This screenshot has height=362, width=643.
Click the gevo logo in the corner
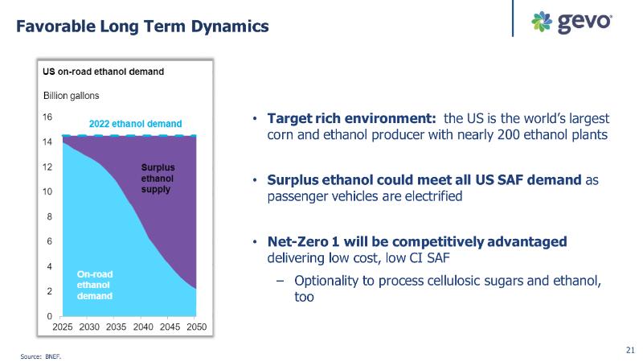572,22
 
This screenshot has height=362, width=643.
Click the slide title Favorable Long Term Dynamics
143,26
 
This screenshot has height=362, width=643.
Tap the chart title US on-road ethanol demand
104,71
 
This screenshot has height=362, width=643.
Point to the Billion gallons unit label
71,95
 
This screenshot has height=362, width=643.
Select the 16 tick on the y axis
47,117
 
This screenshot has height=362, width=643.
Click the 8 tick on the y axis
49,216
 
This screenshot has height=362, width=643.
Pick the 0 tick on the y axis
49,316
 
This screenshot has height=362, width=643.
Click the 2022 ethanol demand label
136,124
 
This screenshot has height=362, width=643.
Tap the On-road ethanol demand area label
94,285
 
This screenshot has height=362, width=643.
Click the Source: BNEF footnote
41,353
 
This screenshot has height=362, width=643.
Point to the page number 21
629,349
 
